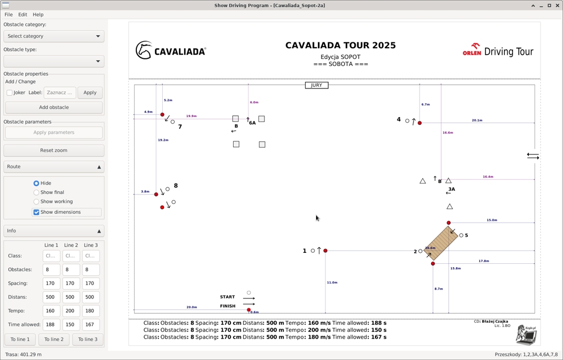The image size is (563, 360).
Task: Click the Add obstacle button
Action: [54, 107]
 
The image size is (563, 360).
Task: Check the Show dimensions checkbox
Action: [37, 212]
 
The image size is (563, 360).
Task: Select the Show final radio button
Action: [37, 192]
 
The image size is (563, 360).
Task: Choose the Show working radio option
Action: [37, 202]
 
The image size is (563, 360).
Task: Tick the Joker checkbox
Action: [10, 92]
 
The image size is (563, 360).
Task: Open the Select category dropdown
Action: [54, 36]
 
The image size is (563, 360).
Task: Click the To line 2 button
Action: [54, 339]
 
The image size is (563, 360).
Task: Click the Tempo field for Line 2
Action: [71, 311]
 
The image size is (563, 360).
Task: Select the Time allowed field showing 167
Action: [91, 325]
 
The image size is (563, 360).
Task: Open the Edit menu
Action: [23, 15]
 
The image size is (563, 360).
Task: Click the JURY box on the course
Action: [317, 85]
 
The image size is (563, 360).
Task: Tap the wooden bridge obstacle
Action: [440, 243]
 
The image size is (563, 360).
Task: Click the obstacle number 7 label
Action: [180, 127]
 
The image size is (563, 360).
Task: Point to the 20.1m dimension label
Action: [477, 120]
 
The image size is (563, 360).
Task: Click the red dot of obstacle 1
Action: [325, 251]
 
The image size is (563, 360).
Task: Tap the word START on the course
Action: [228, 297]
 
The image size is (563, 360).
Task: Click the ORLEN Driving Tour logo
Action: [498, 52]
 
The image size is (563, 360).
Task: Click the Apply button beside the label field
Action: [90, 92]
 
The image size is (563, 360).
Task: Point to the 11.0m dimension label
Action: [332, 283]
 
